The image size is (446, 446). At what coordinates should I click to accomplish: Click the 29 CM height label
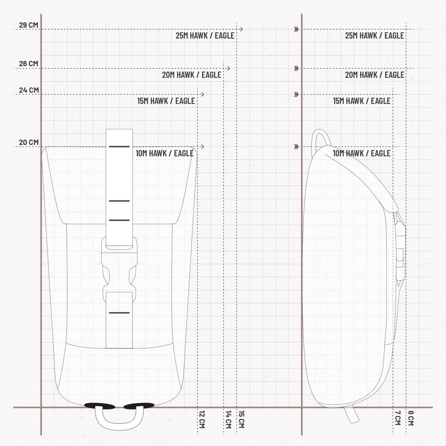click(28, 25)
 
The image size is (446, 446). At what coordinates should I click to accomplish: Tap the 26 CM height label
click(28, 64)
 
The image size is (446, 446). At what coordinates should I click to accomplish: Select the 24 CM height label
click(29, 90)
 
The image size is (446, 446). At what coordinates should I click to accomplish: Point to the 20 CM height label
click(29, 142)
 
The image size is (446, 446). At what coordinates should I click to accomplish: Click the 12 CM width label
click(202, 419)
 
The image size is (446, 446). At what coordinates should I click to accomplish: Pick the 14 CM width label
click(228, 419)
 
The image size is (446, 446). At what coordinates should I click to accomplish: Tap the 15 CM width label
click(241, 419)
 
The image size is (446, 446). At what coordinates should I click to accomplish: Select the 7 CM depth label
click(398, 418)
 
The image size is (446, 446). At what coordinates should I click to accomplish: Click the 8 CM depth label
click(411, 418)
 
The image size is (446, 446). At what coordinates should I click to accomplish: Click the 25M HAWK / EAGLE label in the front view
click(205, 36)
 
